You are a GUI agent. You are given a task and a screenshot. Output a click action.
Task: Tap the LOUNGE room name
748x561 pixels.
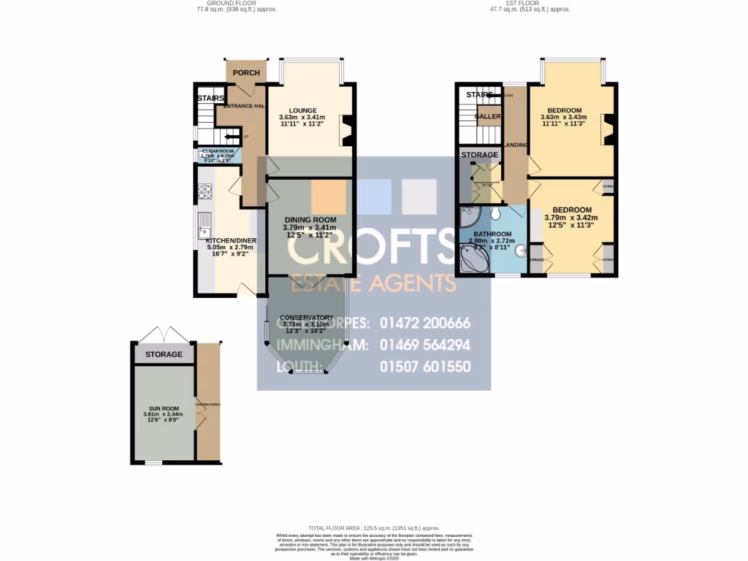[x=302, y=110]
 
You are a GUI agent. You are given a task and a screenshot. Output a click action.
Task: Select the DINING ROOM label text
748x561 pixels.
[x=309, y=220]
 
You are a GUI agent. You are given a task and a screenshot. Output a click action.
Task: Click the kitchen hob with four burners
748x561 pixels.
[x=204, y=192]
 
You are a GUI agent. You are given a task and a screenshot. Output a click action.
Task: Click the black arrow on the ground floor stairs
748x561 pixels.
[x=232, y=137]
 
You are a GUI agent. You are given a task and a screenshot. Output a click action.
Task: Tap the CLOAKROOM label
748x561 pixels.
[x=217, y=151]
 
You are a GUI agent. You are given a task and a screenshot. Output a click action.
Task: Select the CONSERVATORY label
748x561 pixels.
[x=307, y=317]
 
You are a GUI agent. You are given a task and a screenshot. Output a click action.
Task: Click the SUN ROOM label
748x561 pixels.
[x=161, y=408]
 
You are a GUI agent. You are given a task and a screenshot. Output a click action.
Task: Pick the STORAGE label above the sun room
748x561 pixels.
[x=164, y=354]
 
